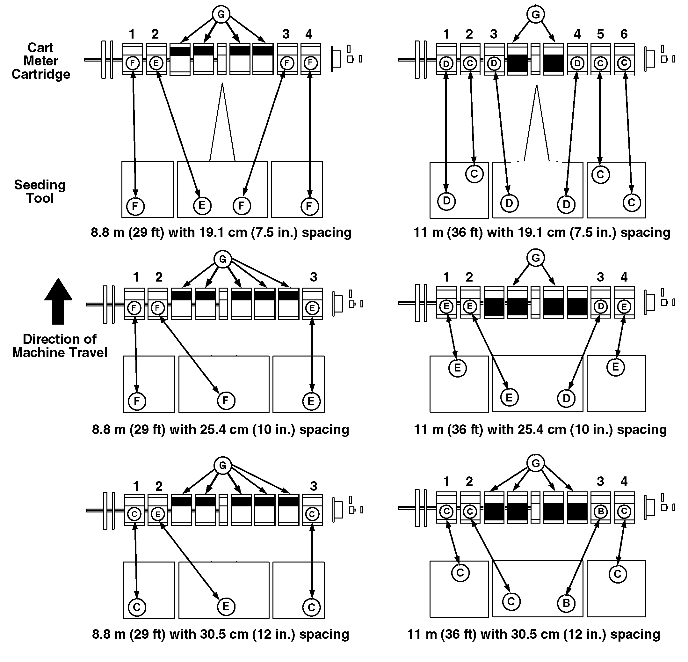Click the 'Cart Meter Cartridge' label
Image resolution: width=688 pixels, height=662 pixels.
point(41,61)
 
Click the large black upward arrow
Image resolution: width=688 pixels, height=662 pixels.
point(58,301)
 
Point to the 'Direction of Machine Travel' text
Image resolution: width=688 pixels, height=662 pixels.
point(60,346)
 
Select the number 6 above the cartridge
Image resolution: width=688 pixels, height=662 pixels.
point(624,34)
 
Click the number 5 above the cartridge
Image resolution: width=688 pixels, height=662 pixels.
point(600,34)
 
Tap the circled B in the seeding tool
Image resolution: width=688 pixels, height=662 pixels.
point(566,603)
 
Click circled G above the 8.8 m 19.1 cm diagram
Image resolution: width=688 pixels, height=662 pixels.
point(221,14)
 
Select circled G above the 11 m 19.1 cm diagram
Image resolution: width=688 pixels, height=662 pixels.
point(536,14)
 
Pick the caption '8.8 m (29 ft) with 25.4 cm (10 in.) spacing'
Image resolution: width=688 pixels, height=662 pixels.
point(221,429)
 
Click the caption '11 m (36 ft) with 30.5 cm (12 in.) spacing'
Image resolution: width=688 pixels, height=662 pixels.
point(533,634)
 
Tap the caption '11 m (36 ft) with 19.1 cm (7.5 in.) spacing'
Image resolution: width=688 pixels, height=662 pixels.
point(542,232)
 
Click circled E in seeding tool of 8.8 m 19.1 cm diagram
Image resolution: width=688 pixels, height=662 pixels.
point(202,205)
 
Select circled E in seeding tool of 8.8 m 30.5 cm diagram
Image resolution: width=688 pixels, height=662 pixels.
point(226,606)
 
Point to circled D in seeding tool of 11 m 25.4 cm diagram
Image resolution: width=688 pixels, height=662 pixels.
point(566,398)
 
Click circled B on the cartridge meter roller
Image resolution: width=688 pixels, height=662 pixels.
point(601,511)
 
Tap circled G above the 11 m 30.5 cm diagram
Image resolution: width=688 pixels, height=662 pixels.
point(536,463)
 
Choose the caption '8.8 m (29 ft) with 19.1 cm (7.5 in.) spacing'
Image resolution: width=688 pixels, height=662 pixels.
point(221,232)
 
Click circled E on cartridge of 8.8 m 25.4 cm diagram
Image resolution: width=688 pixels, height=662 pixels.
point(312,308)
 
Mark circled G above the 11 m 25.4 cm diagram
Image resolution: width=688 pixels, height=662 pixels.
point(536,258)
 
